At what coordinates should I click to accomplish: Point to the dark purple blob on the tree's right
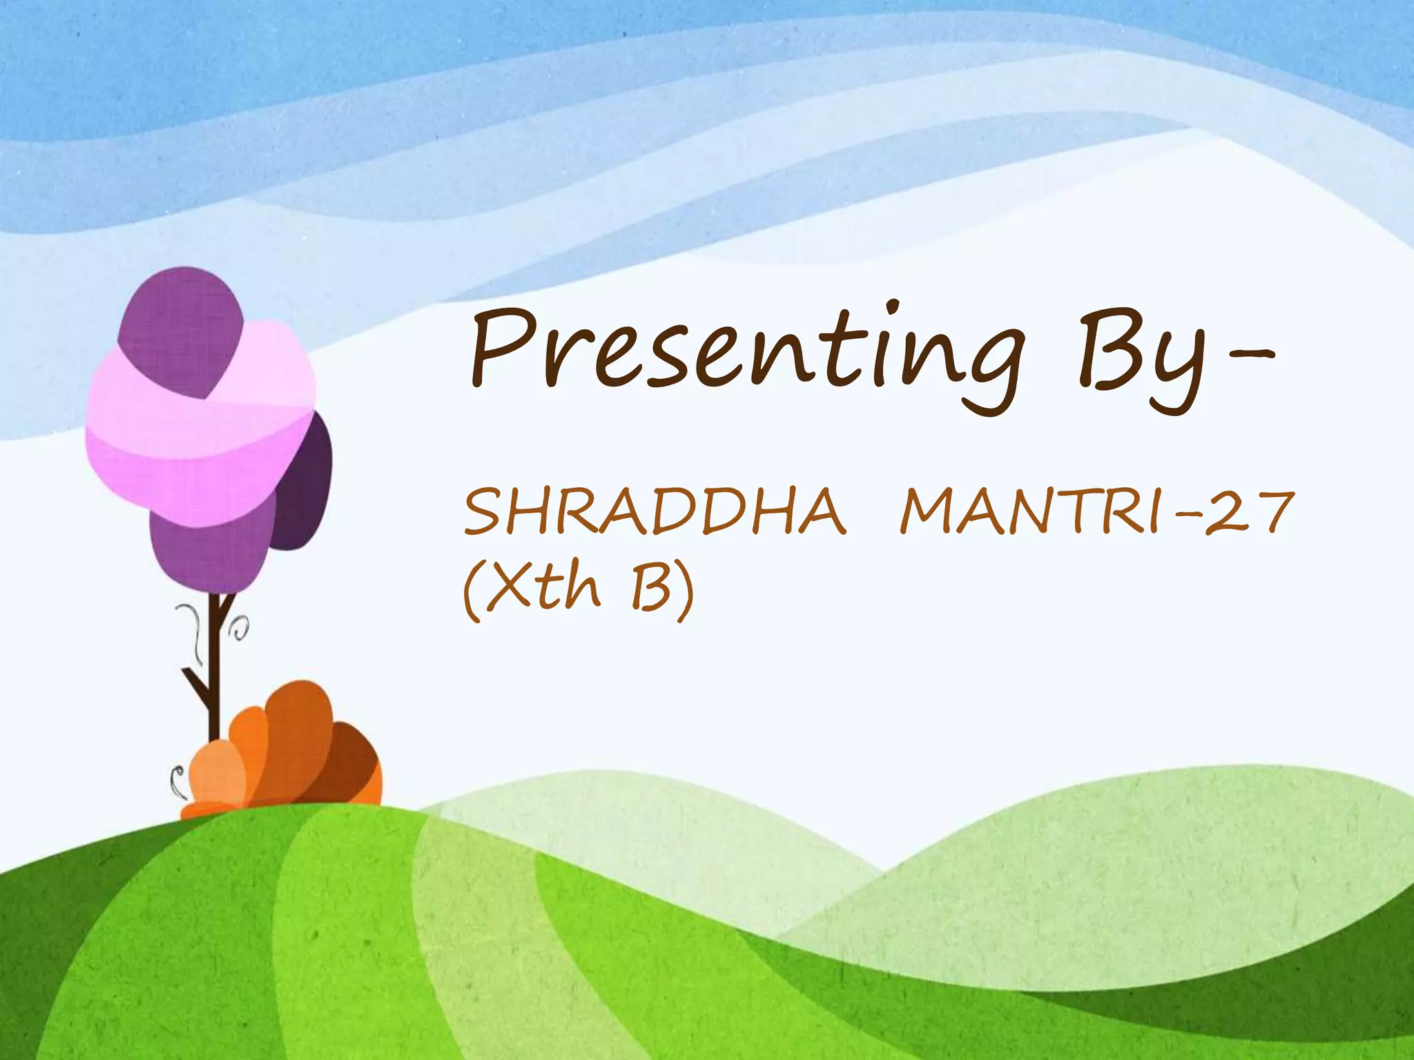click(304, 483)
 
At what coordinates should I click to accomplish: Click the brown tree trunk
click(215, 662)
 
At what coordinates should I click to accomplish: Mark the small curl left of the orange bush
click(178, 780)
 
